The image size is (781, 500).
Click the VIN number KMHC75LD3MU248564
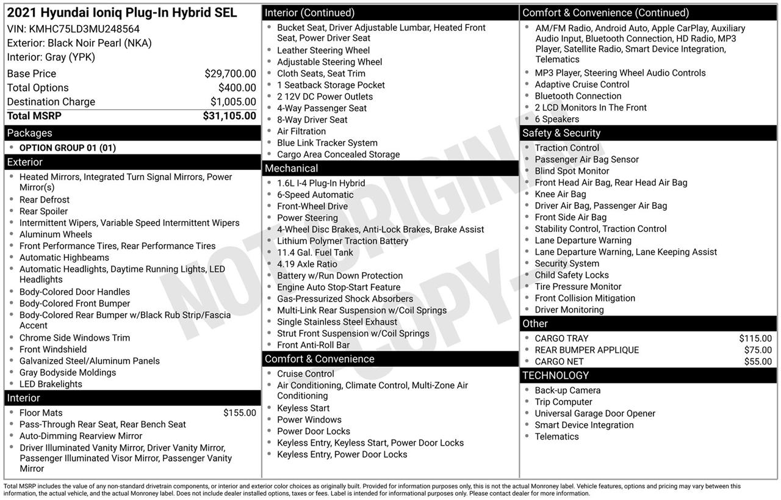(x=84, y=29)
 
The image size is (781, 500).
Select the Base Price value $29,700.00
(x=230, y=74)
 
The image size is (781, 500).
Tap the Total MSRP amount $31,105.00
(x=229, y=116)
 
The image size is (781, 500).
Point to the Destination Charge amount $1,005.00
(x=233, y=102)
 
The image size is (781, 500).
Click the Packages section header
(x=29, y=133)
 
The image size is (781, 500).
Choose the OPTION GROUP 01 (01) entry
(x=67, y=148)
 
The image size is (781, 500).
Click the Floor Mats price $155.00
(x=240, y=413)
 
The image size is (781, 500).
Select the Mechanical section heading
(x=291, y=168)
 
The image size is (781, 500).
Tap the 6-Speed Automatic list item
(x=315, y=195)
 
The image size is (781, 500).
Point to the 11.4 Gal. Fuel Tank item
(x=315, y=253)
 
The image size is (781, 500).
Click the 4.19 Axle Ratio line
(x=307, y=264)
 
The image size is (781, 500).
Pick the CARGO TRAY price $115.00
(x=755, y=339)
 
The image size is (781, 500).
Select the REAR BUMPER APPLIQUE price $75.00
(x=758, y=350)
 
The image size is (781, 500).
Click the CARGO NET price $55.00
(x=758, y=362)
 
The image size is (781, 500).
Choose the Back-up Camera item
(x=567, y=391)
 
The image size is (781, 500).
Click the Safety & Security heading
(x=561, y=133)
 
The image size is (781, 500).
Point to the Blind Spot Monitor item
(x=572, y=172)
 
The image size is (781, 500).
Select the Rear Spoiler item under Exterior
(x=43, y=212)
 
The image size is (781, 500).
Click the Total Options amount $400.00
(x=237, y=88)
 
